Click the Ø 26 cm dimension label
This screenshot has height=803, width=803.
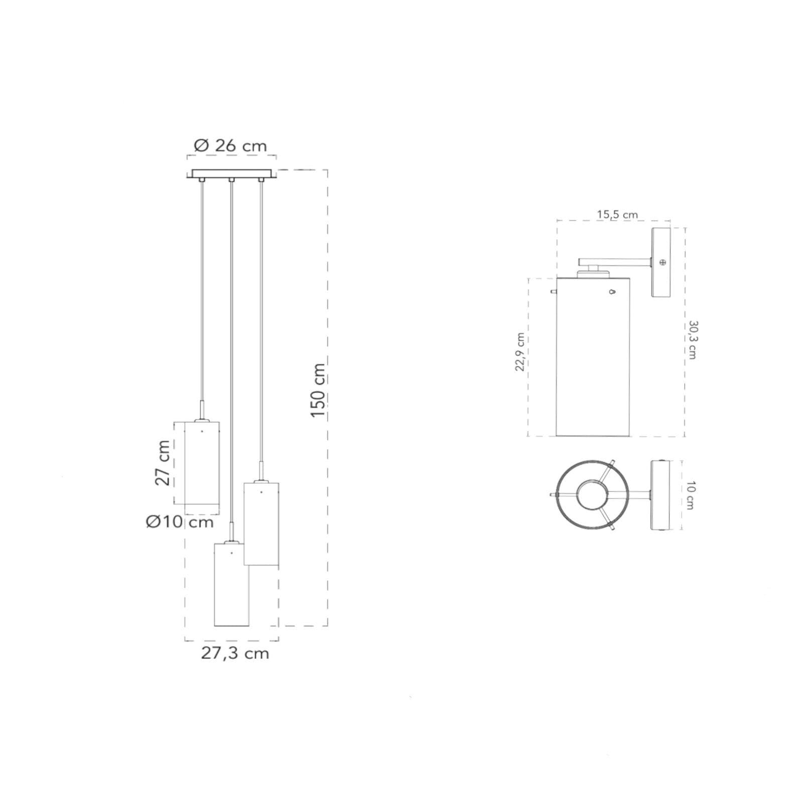click(x=230, y=146)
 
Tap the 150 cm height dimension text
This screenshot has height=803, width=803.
click(x=318, y=391)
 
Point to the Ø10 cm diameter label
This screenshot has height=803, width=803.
click(x=180, y=522)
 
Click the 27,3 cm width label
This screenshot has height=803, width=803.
click(x=235, y=653)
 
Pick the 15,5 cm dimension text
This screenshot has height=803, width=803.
click(x=617, y=215)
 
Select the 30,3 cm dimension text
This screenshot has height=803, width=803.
click(x=693, y=340)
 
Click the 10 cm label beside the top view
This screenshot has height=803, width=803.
click(x=690, y=495)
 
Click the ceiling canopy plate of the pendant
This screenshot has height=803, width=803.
click(x=231, y=174)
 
